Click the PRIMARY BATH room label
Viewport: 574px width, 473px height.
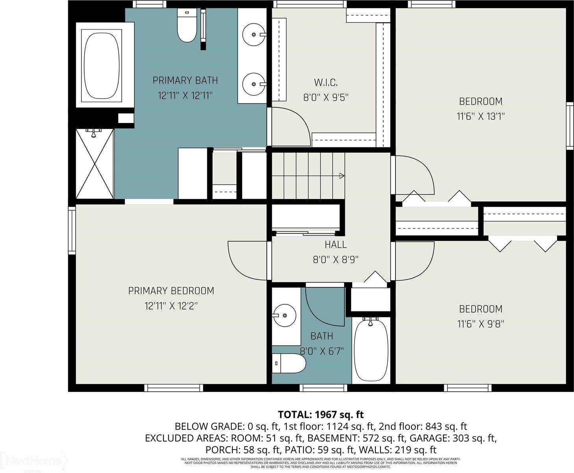pos(185,80)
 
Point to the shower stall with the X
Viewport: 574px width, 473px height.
pos(95,164)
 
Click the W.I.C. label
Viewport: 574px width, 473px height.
pos(326,82)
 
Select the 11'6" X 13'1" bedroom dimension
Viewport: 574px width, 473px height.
pos(481,116)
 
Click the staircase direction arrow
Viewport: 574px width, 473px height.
pos(342,176)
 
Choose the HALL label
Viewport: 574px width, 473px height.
pos(336,244)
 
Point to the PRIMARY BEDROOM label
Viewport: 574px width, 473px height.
pos(171,291)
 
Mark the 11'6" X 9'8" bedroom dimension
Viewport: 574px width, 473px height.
pos(481,324)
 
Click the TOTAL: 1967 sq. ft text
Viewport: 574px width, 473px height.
pos(321,415)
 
